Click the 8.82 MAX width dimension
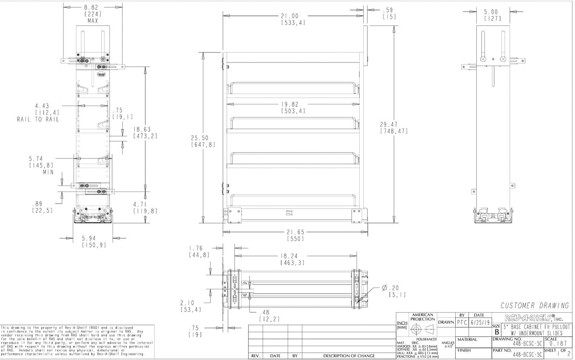[92, 7]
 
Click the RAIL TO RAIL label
[38, 119]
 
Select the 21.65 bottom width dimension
[295, 232]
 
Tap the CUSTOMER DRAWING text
[534, 306]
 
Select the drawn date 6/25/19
[481, 323]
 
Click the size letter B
[497, 332]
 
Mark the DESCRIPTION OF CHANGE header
[349, 356]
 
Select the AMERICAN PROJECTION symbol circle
[416, 329]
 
